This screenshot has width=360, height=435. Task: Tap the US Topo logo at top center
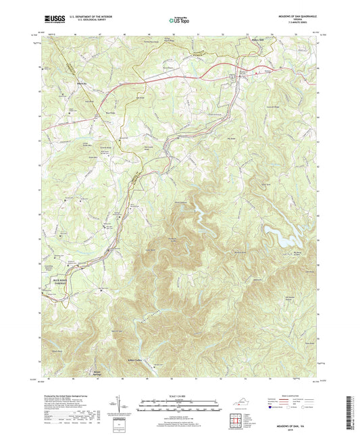click(x=180, y=22)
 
